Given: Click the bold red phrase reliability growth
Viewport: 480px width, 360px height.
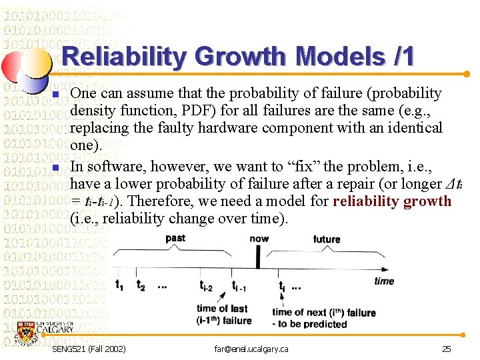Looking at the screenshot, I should click(x=392, y=201).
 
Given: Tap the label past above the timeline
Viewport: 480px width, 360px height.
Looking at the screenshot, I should click(x=175, y=238).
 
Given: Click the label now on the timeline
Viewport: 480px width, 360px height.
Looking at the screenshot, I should click(x=259, y=238).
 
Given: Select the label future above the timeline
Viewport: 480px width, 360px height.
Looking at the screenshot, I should click(x=327, y=239).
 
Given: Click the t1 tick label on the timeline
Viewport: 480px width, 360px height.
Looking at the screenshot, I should click(x=119, y=286).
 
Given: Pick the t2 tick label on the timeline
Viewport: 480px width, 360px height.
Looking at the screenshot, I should click(x=140, y=286).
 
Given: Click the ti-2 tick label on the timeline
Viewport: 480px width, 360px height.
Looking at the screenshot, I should click(x=207, y=286).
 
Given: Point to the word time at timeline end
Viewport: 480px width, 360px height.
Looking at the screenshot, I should click(x=384, y=281).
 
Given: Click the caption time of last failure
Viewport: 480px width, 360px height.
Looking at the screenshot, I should click(x=223, y=314).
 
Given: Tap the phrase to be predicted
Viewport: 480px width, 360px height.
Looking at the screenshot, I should click(x=313, y=324).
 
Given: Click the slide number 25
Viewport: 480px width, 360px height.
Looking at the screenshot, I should click(x=446, y=349).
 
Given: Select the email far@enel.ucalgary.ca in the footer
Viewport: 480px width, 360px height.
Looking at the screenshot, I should click(x=251, y=349).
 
